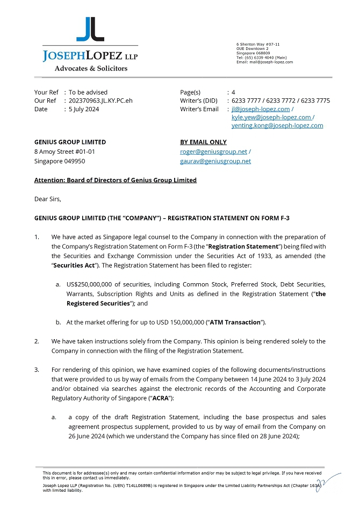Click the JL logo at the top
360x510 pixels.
coord(90,30)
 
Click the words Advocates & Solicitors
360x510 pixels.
coord(91,68)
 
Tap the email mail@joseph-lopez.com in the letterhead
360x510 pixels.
coord(272,62)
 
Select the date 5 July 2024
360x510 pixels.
coord(84,109)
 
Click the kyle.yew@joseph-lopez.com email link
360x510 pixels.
coord(271,117)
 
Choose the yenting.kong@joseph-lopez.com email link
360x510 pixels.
coord(277,125)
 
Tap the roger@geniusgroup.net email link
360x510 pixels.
coord(213,152)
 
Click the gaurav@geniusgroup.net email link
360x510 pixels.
coord(215,161)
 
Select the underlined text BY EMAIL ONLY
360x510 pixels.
coord(203,142)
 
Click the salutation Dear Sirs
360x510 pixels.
coord(48,199)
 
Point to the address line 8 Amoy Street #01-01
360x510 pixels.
coord(64,152)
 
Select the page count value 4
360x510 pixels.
coord(233,92)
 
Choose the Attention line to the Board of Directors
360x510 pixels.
coord(115,180)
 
